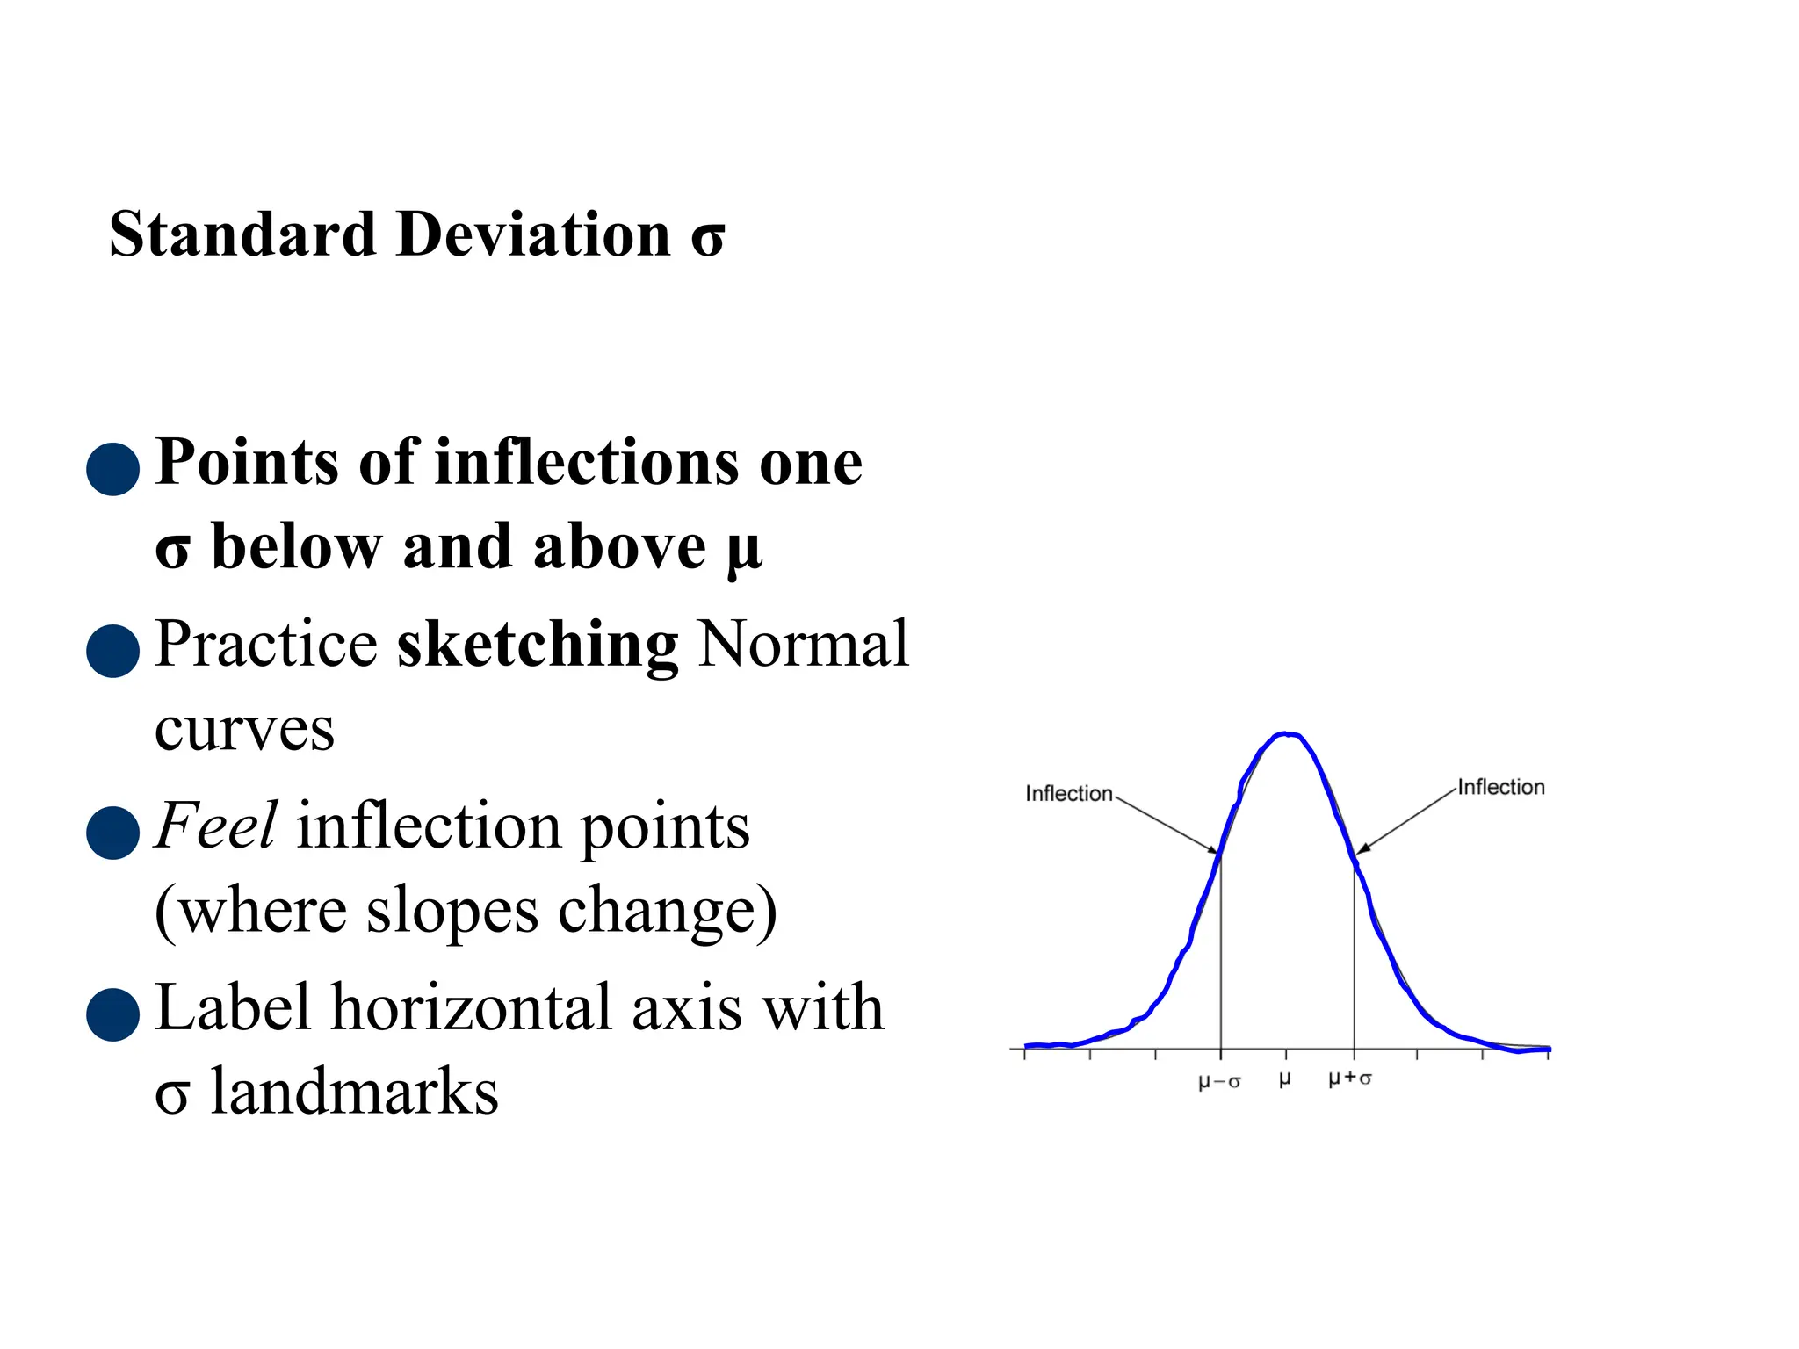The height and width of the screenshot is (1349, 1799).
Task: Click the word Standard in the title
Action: [x=243, y=235]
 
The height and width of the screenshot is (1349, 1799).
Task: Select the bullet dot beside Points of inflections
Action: [x=113, y=469]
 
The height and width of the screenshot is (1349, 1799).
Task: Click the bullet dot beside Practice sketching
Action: [x=113, y=651]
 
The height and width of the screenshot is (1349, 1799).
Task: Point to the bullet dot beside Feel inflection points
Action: [x=113, y=833]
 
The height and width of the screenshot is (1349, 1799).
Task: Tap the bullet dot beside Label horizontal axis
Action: [x=113, y=1014]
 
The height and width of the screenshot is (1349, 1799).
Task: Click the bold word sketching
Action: [x=538, y=646]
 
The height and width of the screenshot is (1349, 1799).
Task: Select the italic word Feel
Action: [x=216, y=826]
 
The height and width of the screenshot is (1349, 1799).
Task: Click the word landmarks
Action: [x=354, y=1092]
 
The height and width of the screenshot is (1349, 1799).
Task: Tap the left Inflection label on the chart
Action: [x=1069, y=794]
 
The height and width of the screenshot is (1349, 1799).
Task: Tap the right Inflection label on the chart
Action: [x=1501, y=788]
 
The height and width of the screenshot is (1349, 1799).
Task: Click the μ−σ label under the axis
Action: [x=1219, y=1081]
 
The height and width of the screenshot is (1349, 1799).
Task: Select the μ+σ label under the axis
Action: [x=1350, y=1078]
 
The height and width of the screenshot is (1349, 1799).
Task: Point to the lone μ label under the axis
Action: [x=1285, y=1078]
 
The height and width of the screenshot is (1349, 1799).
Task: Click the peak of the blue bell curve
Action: [x=1285, y=734]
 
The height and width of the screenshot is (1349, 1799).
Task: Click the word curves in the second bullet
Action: [x=245, y=730]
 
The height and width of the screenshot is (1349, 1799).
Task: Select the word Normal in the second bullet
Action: [x=803, y=646]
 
